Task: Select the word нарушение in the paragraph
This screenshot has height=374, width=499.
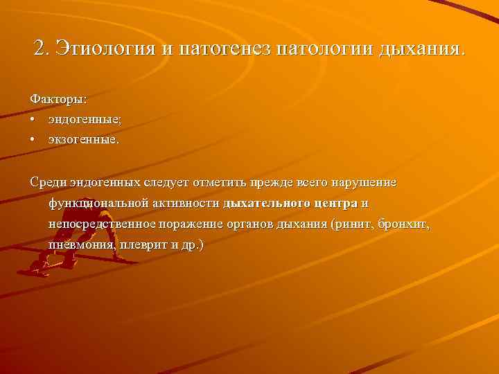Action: [x=365, y=182]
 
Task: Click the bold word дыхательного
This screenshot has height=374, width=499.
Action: [x=267, y=204]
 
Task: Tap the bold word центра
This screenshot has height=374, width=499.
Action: [x=336, y=204]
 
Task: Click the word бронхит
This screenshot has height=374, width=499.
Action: [x=404, y=224]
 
